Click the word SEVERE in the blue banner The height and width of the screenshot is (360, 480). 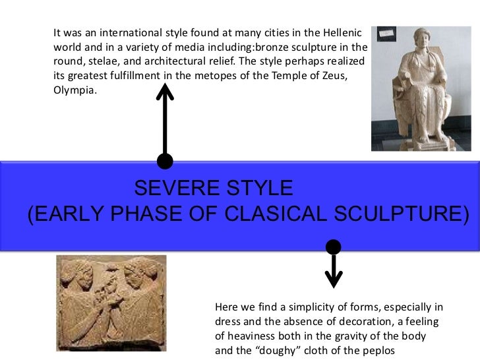coord(168,189)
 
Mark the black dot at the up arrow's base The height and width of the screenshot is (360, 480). coord(165,161)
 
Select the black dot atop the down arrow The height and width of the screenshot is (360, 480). coord(334,247)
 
